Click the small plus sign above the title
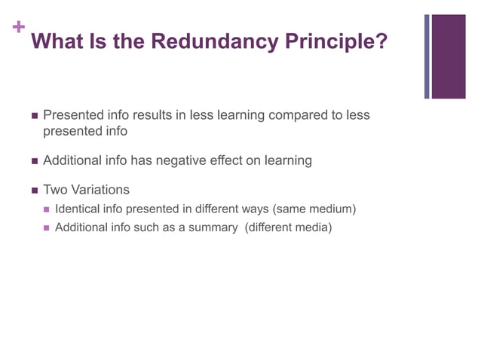[x=18, y=28]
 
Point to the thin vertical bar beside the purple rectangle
[x=427, y=56]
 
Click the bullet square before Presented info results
[x=34, y=117]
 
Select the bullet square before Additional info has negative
[x=34, y=161]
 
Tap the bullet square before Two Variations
[x=34, y=191]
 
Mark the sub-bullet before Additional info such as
[x=47, y=227]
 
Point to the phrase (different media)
[x=289, y=227]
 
